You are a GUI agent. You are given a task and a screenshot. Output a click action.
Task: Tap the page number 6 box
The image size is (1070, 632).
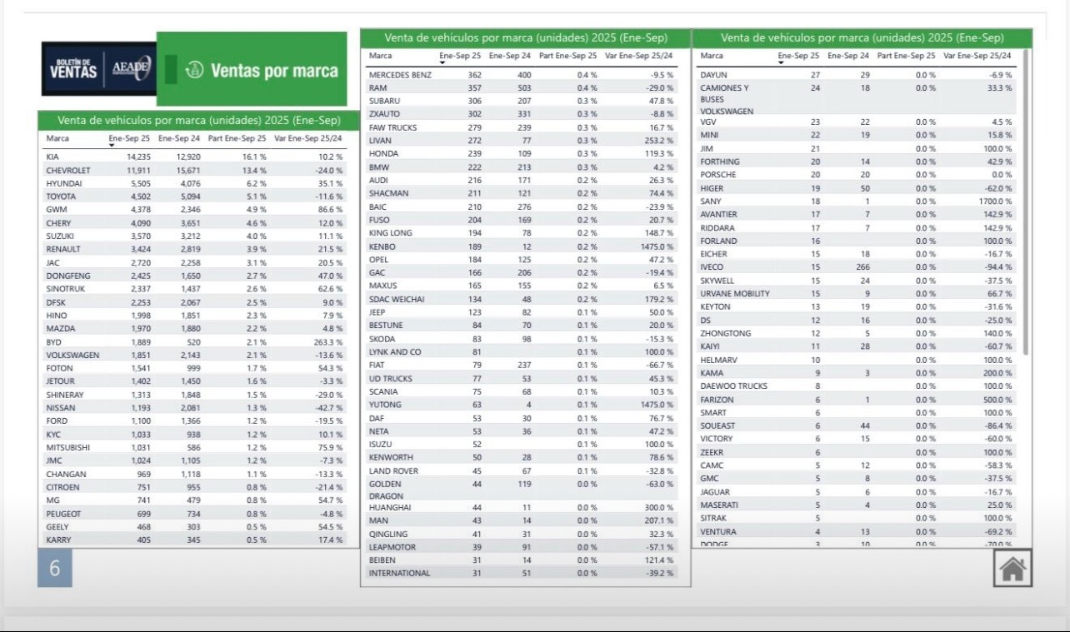55,570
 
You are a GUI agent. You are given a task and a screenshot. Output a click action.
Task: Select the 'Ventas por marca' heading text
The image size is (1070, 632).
274,71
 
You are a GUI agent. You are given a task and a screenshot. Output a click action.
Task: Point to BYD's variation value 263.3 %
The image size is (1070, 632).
325,342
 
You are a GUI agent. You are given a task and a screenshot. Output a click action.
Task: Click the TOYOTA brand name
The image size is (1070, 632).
62,197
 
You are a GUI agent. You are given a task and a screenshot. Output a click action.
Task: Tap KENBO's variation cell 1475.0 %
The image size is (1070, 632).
657,246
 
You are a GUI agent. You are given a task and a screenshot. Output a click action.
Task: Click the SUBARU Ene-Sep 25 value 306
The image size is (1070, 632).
474,101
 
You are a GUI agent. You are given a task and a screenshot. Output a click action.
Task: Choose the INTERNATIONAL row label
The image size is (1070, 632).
399,573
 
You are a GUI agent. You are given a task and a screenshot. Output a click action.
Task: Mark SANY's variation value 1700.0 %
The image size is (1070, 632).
995,202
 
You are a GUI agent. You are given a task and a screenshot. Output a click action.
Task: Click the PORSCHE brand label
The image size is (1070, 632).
718,175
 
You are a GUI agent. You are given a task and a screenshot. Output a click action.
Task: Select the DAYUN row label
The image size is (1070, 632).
713,75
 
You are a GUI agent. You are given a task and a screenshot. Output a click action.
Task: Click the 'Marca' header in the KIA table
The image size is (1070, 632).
57,138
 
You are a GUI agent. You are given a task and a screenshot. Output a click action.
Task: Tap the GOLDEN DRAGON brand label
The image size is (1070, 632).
386,489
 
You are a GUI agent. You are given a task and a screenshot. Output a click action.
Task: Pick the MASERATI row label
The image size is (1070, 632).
718,505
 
